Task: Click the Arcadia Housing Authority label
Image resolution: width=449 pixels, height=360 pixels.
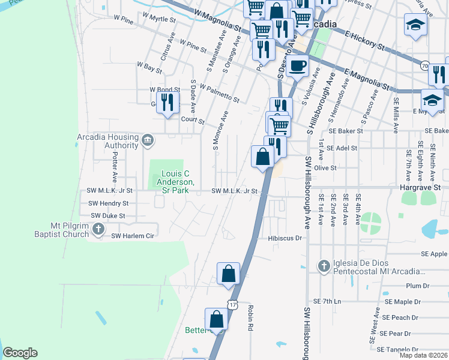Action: coord(107,141)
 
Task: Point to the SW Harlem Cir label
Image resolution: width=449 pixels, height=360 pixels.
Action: coord(133,236)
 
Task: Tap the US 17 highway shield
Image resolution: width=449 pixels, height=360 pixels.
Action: coord(232,304)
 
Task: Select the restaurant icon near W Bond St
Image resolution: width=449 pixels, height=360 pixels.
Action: coord(167,102)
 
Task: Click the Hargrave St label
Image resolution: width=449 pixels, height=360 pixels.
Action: coord(420,187)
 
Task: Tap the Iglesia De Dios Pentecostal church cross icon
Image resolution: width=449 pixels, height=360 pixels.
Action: coord(323,266)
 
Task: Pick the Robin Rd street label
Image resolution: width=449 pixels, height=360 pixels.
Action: coord(250,318)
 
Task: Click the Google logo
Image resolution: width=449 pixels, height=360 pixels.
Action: coord(20,353)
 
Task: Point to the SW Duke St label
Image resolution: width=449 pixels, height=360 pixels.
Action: coord(107,215)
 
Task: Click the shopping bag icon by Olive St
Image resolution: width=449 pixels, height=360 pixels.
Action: coord(263,157)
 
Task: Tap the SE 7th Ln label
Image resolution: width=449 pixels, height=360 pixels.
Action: coord(327,301)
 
